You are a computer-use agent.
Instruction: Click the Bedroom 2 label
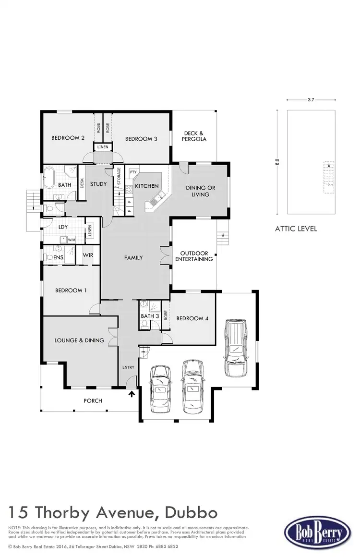(x=68, y=138)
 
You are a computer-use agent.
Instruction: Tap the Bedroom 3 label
(x=141, y=139)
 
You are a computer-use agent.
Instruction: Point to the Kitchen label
(x=146, y=186)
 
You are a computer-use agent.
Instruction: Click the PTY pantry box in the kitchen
(x=133, y=172)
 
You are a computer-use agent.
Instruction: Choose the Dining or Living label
(x=200, y=191)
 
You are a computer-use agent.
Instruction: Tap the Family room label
(x=133, y=258)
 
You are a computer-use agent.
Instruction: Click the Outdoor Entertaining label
(x=193, y=256)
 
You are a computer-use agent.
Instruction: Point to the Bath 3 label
(x=150, y=316)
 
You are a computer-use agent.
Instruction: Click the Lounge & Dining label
(x=79, y=340)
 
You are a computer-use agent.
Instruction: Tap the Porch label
(x=93, y=400)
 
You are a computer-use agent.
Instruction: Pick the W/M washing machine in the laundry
(x=72, y=240)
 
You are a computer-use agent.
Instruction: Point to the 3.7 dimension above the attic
(x=311, y=100)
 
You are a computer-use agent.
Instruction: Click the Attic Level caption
(x=296, y=229)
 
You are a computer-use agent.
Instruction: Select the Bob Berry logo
(x=315, y=534)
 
